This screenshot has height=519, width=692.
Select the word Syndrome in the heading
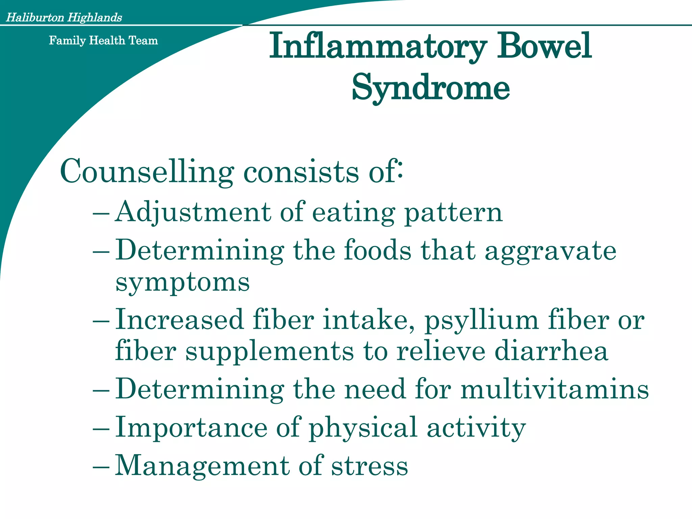click(431, 88)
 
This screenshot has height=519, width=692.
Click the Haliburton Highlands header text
click(64, 17)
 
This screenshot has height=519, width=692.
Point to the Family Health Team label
click(103, 41)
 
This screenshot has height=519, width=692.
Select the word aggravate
click(550, 251)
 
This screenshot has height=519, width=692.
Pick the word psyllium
click(481, 320)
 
